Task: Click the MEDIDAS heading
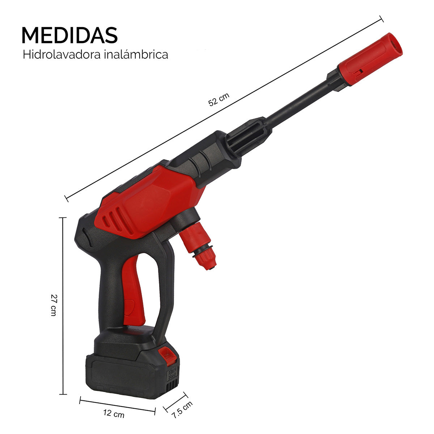click(69, 35)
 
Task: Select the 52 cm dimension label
click(218, 99)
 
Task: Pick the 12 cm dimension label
click(114, 413)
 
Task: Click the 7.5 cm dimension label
click(182, 410)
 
